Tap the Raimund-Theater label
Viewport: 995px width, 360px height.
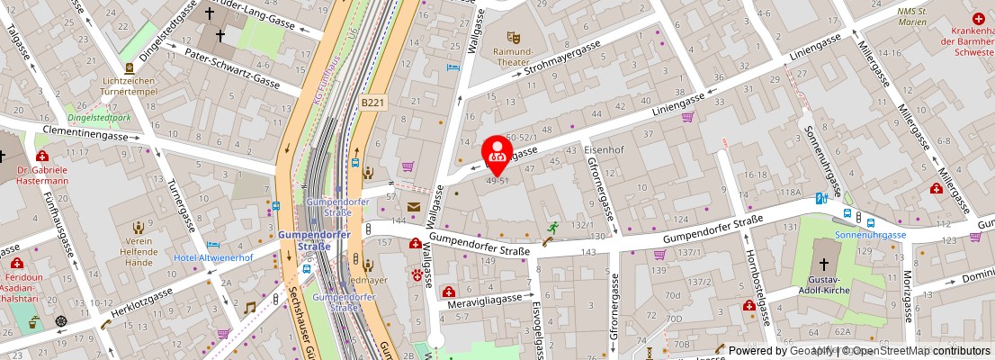coord(514,57)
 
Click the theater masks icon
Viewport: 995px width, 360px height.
coord(514,37)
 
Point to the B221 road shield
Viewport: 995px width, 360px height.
coord(373,103)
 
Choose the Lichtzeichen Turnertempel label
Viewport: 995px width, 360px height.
coord(130,86)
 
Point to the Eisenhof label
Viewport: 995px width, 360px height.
coord(604,148)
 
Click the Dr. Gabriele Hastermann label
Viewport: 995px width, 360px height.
coord(43,175)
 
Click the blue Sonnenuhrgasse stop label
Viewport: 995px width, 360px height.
coord(870,234)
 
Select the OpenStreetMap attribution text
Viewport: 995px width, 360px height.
coord(909,351)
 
